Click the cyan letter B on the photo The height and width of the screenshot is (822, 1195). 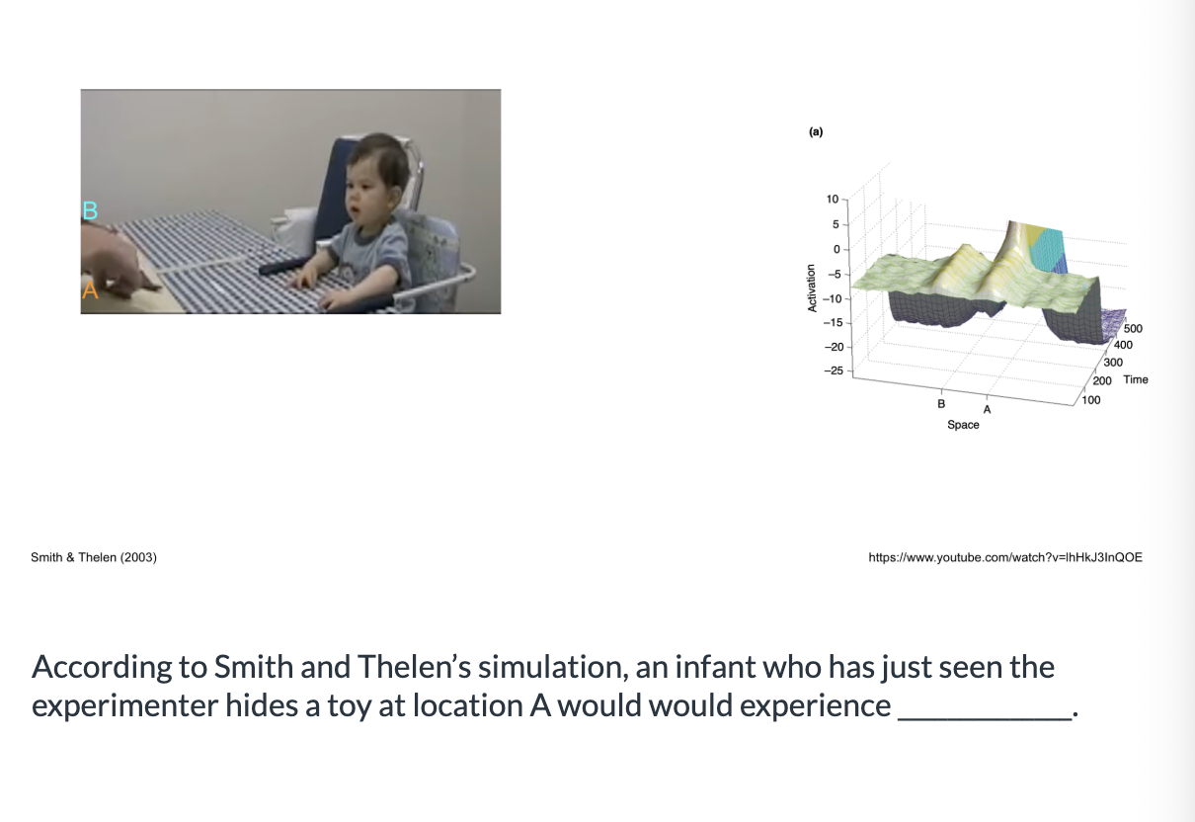click(90, 210)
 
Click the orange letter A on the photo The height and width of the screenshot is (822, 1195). click(90, 289)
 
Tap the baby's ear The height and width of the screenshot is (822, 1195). click(395, 194)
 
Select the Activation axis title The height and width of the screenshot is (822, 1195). click(812, 288)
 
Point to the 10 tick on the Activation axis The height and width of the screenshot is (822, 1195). click(833, 200)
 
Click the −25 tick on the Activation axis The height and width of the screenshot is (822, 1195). click(834, 370)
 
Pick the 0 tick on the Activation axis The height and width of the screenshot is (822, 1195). click(836, 249)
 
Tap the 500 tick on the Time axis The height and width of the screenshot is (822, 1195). click(1133, 328)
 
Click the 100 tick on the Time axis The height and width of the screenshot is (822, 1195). click(1091, 400)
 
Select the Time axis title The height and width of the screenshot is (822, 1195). click(1136, 379)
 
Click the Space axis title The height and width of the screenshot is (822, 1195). click(963, 425)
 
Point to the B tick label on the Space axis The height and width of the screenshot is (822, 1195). click(941, 404)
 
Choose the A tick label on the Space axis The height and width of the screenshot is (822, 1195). click(987, 409)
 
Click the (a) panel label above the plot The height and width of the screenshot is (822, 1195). click(816, 131)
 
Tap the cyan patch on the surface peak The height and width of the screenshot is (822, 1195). click(1047, 251)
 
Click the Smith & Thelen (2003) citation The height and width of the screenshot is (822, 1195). click(94, 557)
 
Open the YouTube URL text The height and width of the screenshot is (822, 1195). click(1005, 557)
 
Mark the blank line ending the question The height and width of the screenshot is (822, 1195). click(985, 719)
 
